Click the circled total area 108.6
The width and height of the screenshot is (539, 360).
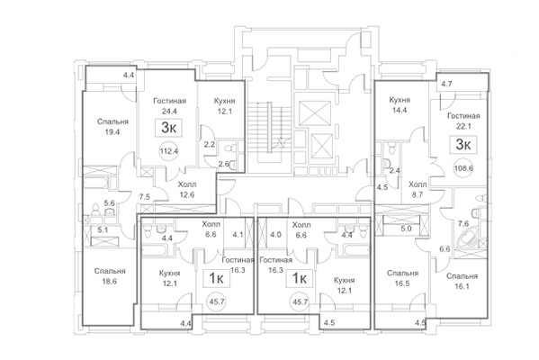(465, 168)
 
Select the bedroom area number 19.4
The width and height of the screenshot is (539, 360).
(113, 131)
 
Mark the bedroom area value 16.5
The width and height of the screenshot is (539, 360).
(401, 283)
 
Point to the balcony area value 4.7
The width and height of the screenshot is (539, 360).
(447, 83)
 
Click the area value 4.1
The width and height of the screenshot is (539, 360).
(237, 236)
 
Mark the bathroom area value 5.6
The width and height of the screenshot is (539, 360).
(110, 204)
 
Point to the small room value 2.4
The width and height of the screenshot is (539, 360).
(393, 170)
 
